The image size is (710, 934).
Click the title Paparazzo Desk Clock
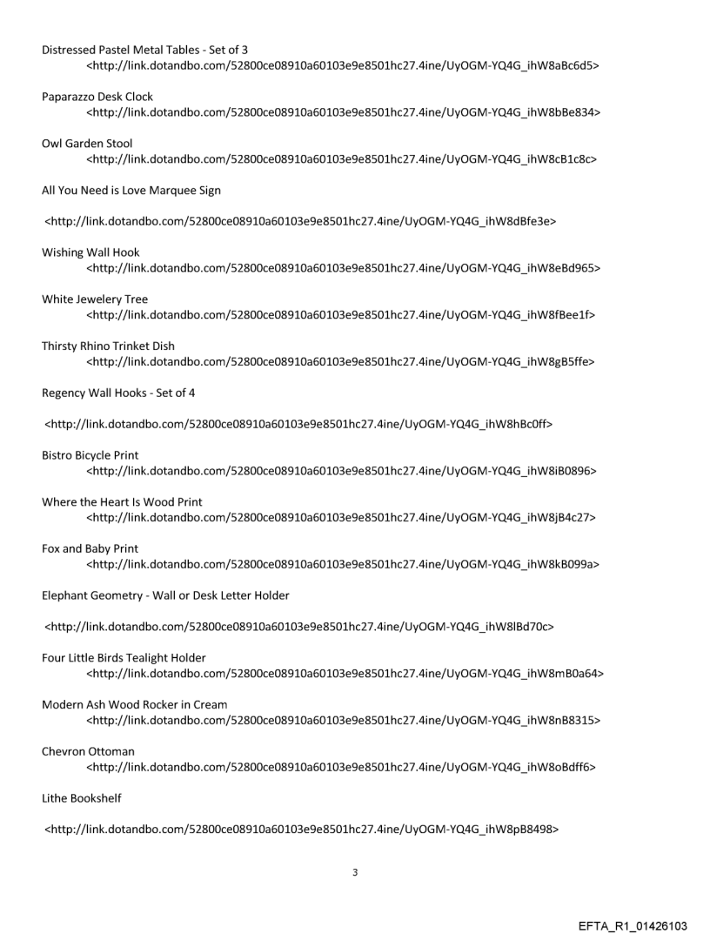97,97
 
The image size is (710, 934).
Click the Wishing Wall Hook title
90,252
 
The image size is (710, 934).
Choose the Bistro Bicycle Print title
90,455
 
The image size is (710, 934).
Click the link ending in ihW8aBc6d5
343,65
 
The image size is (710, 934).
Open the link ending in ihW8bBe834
343,112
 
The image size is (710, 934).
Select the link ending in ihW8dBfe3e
301,221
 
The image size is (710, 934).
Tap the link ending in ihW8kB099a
343,565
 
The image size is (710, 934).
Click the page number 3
354,872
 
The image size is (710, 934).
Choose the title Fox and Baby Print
90,548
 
